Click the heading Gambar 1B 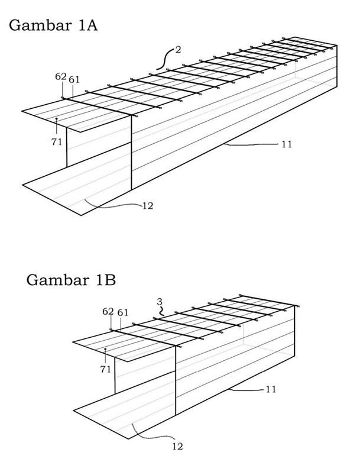coord(70,279)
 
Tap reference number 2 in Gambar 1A coord(178,50)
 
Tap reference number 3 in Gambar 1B coord(160,302)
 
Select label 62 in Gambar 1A coord(60,77)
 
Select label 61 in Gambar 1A coord(74,79)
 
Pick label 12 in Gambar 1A coord(148,206)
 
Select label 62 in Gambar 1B coord(108,311)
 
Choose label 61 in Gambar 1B coord(122,312)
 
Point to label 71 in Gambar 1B coord(105,369)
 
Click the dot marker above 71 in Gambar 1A coord(57,119)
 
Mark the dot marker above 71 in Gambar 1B coord(105,350)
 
